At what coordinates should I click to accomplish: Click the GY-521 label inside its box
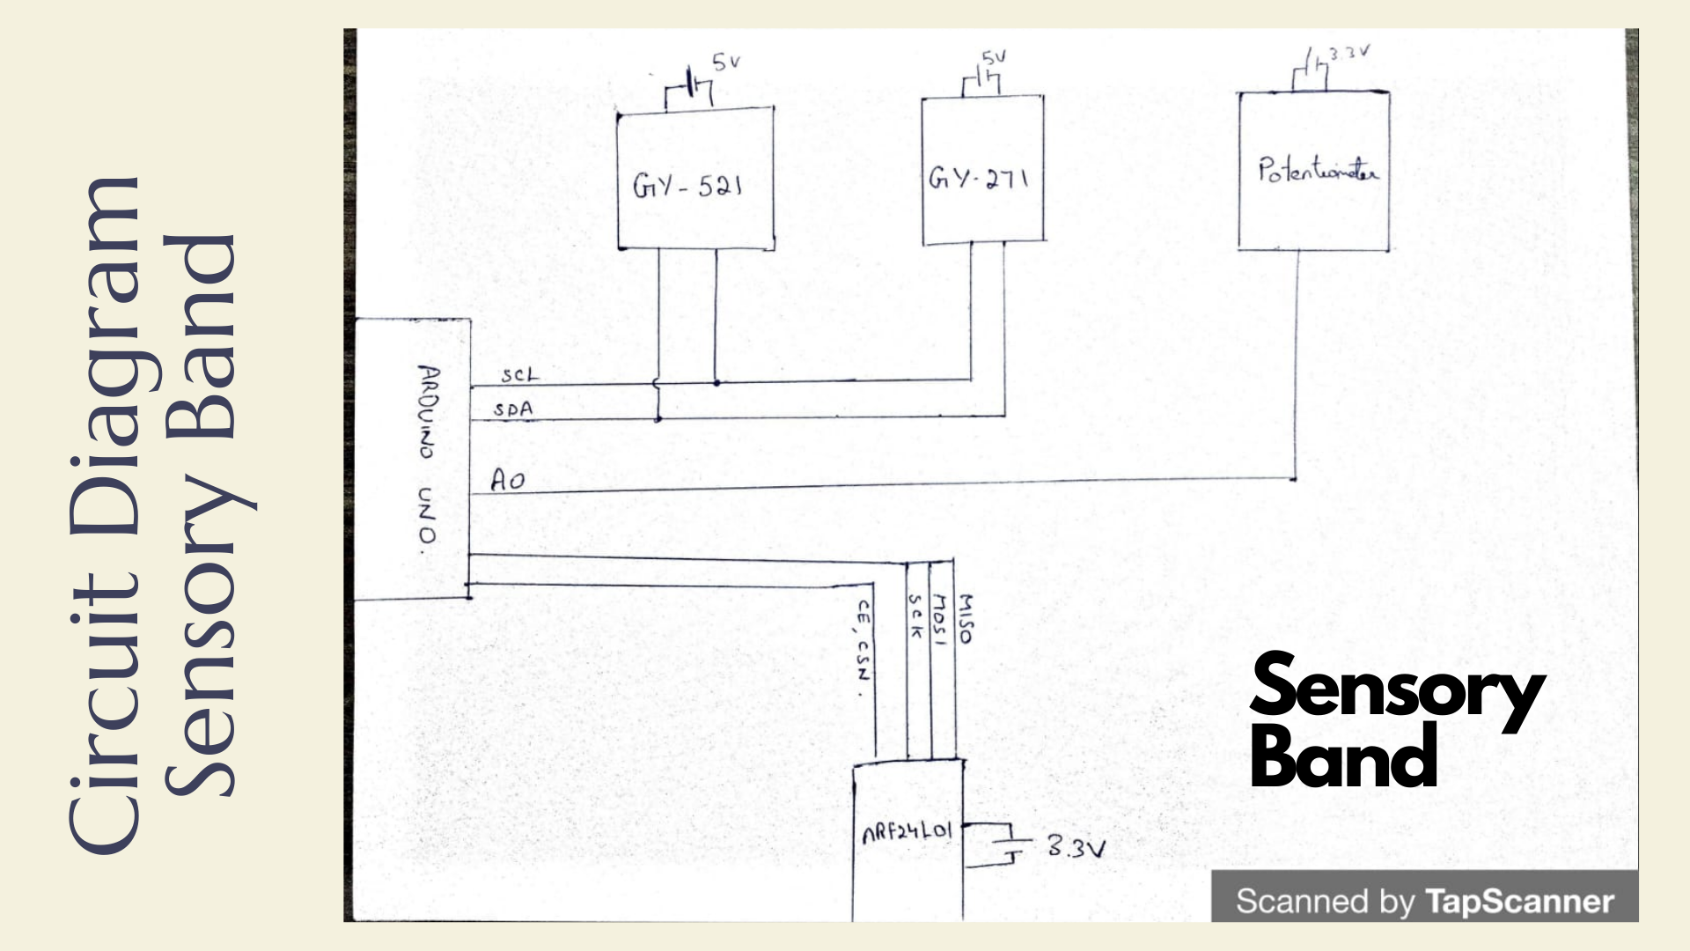coord(687,185)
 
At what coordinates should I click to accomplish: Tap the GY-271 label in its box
coord(978,179)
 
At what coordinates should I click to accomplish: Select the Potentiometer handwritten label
coord(1317,169)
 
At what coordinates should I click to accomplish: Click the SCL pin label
coord(519,375)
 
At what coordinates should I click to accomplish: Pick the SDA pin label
coord(513,409)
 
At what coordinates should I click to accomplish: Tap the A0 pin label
coord(508,480)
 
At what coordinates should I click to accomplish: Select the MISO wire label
coord(966,618)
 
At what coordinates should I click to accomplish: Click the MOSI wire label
coord(939,619)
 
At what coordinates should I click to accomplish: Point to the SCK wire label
coord(915,616)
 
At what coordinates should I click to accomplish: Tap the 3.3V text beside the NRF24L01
coord(1076,847)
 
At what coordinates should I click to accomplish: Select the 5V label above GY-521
coord(726,62)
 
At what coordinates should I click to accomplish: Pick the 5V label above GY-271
coord(994,58)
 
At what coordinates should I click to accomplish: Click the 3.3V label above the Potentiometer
coord(1349,53)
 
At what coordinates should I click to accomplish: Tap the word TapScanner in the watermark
coord(1519,902)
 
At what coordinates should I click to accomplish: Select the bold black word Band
coord(1343,758)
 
